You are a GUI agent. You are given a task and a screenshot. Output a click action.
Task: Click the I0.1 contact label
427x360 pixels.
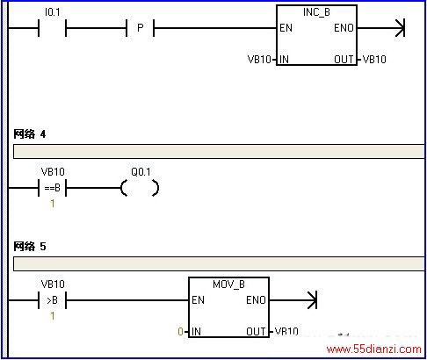(x=53, y=12)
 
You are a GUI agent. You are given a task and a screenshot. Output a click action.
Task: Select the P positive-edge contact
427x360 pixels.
(x=141, y=28)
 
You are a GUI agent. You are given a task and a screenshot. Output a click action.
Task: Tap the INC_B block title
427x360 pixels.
(x=316, y=12)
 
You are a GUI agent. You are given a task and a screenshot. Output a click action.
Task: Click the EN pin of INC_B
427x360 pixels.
(x=286, y=28)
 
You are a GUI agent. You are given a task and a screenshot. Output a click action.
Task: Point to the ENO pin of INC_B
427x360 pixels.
(x=344, y=28)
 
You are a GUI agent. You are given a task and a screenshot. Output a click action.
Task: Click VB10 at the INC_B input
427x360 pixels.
(x=259, y=60)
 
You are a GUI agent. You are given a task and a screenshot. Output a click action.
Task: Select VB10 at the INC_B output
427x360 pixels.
(x=374, y=60)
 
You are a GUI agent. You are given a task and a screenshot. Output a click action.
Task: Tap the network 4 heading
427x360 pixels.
(x=30, y=134)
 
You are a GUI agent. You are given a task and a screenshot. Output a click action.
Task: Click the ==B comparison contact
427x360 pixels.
(x=53, y=188)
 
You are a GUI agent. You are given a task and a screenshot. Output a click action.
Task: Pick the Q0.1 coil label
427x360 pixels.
(x=141, y=172)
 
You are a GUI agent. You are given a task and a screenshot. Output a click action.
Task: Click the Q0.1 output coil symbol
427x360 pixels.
(x=140, y=188)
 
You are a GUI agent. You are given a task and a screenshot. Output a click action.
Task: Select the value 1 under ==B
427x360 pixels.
(x=53, y=204)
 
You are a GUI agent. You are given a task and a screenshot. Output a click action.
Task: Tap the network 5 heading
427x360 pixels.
(x=30, y=247)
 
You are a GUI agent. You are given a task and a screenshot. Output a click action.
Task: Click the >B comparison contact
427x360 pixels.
(x=53, y=300)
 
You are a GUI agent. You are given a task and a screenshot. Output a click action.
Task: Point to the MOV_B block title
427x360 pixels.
(x=228, y=284)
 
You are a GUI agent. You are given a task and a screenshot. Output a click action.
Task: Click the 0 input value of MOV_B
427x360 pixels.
(x=180, y=332)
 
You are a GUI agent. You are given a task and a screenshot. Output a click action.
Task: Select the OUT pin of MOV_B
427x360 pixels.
(x=256, y=332)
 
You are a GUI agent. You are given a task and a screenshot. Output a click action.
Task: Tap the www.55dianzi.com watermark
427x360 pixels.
(x=374, y=349)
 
